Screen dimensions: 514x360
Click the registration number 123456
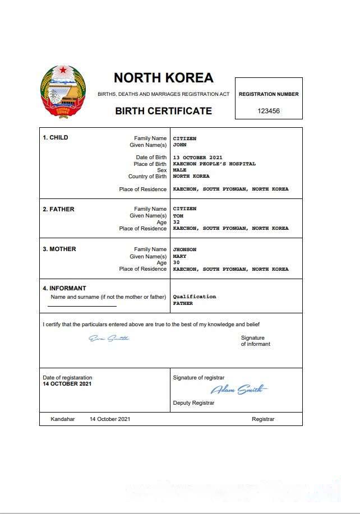point(269,111)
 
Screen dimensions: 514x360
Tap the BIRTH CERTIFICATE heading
point(163,111)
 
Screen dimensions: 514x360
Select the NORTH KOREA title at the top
point(163,78)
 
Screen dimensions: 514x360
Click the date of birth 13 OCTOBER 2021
point(198,158)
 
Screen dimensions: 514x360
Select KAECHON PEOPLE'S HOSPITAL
point(214,164)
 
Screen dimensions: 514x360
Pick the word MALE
point(179,170)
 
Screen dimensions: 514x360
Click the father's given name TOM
point(178,216)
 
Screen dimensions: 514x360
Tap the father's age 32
point(176,222)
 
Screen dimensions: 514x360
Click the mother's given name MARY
point(179,256)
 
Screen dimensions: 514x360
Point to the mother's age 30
point(176,262)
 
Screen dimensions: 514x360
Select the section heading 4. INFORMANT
point(64,289)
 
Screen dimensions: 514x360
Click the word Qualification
point(194,297)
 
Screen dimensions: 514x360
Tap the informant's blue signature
point(109,338)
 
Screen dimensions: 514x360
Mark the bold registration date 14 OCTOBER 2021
point(67,384)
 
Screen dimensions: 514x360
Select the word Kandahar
point(62,419)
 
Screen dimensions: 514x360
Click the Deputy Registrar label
point(193,403)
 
